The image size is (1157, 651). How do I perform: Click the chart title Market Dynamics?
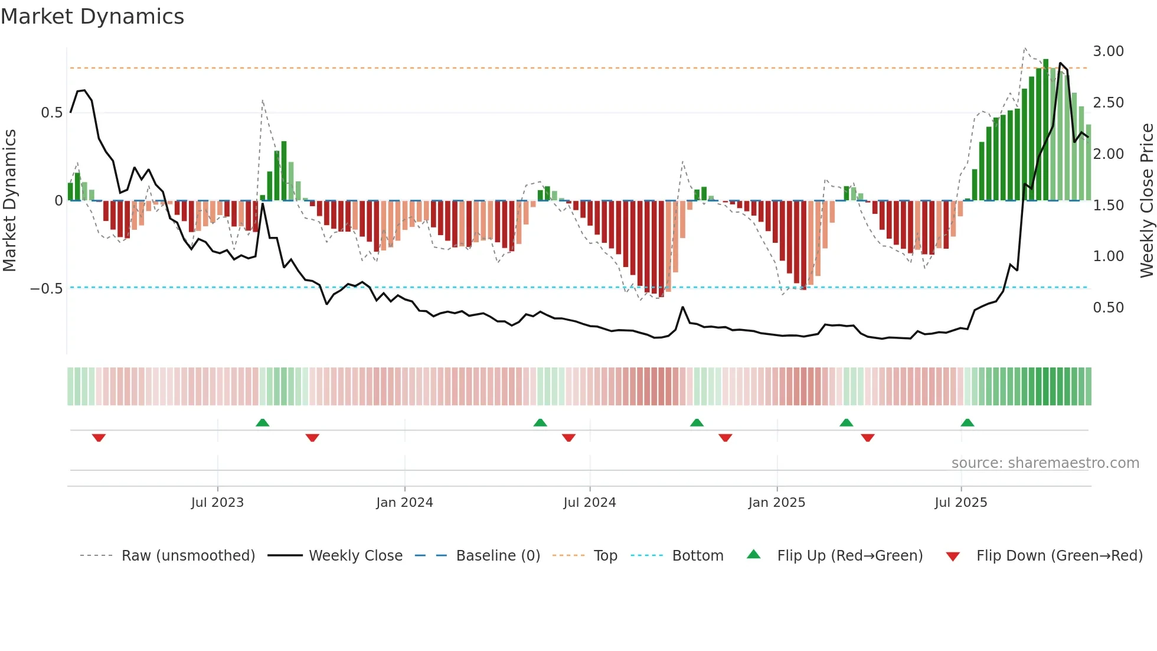[92, 17]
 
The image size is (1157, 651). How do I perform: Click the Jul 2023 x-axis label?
[217, 503]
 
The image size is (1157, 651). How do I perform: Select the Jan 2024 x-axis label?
[404, 503]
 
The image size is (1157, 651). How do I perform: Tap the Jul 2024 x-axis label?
[590, 503]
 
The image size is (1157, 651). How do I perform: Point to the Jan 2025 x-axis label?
[776, 503]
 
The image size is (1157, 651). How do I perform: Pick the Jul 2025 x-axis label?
[960, 503]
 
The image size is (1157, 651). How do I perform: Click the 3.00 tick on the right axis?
[1108, 51]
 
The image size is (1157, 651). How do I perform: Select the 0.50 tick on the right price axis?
[1108, 308]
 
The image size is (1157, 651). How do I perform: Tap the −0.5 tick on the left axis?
[46, 289]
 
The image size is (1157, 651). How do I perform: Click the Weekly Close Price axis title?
[1146, 201]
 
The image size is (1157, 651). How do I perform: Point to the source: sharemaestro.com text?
[1045, 463]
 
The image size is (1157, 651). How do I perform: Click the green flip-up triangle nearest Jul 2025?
[967, 422]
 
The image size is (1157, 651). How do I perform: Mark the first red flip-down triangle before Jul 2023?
[99, 438]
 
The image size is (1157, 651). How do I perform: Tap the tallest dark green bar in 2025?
[1045, 130]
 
